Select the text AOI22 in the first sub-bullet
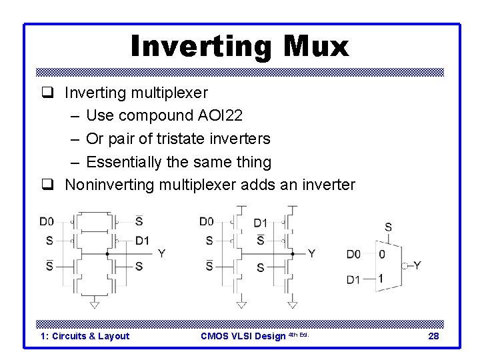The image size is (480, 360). click(x=221, y=115)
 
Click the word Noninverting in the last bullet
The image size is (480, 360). click(x=109, y=185)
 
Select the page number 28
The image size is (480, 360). click(x=433, y=336)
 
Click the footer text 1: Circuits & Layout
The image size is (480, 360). click(x=85, y=336)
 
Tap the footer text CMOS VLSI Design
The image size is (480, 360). click(x=243, y=336)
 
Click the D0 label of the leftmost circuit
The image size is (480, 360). click(x=47, y=221)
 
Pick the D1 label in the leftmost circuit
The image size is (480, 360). click(x=142, y=241)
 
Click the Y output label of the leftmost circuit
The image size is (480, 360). click(x=161, y=254)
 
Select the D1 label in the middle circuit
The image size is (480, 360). click(x=261, y=223)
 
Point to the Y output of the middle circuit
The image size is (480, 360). click(x=311, y=254)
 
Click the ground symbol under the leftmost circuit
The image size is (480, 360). click(x=94, y=304)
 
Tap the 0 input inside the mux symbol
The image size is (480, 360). click(x=381, y=254)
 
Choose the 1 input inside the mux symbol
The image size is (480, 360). click(x=381, y=279)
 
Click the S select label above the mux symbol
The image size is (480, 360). click(x=388, y=227)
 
